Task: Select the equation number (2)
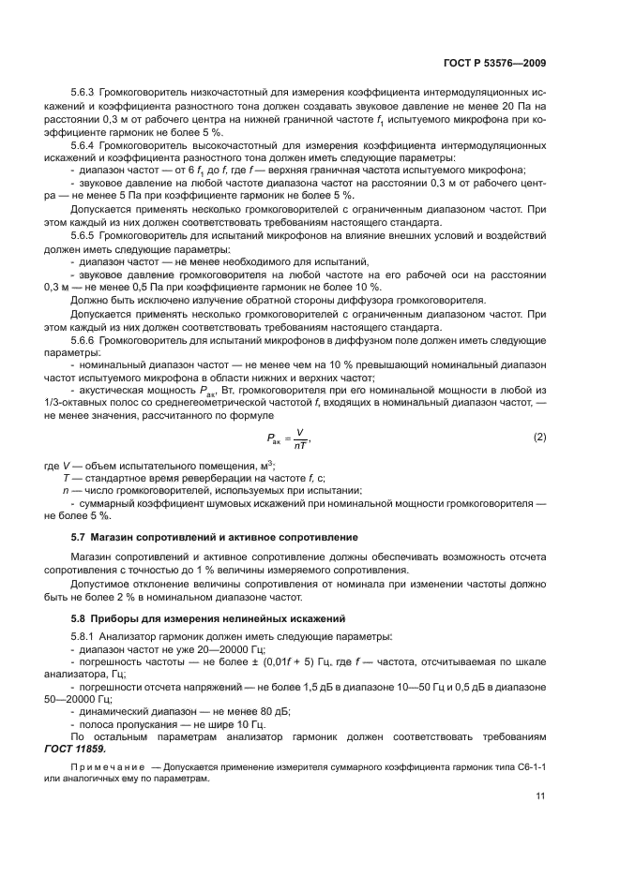click(x=540, y=437)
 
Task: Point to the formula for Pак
click(x=286, y=438)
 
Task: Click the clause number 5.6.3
click(x=84, y=94)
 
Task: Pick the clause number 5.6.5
click(x=84, y=235)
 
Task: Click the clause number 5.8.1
click(x=84, y=636)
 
